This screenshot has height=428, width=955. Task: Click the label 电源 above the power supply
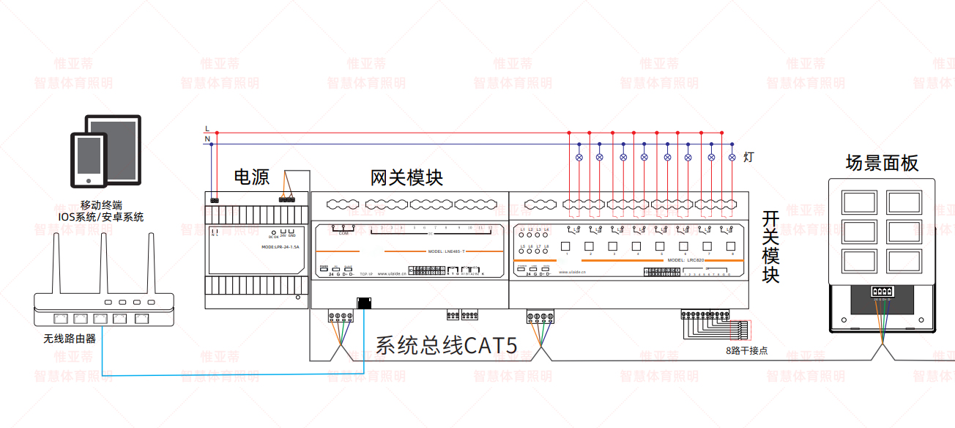click(x=251, y=177)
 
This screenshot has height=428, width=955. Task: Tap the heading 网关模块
click(x=406, y=178)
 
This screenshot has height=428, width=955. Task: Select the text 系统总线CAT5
click(x=446, y=345)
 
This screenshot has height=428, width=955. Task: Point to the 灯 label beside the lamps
click(x=748, y=157)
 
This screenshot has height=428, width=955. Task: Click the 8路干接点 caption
click(x=746, y=350)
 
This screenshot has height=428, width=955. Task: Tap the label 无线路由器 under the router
click(x=70, y=339)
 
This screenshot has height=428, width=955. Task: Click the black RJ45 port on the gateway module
click(x=365, y=303)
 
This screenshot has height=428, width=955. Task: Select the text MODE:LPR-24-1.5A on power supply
click(x=280, y=247)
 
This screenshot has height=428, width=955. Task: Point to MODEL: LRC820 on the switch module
click(x=685, y=260)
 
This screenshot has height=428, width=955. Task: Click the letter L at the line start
click(x=207, y=129)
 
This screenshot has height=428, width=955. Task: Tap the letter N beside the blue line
click(x=207, y=139)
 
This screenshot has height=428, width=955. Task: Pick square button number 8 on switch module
click(x=730, y=246)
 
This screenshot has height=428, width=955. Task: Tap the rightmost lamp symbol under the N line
click(x=732, y=157)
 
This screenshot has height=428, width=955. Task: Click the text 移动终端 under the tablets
click(x=101, y=205)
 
